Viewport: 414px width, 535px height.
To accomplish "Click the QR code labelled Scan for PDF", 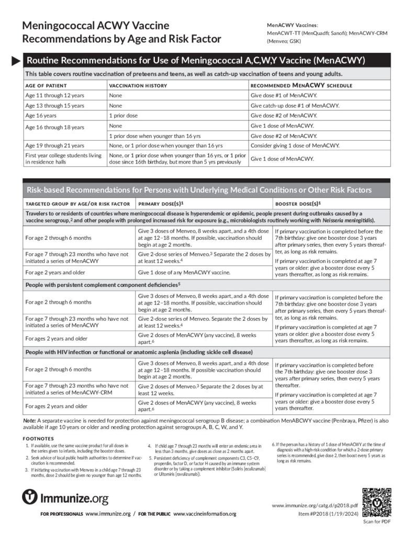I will point(376,502).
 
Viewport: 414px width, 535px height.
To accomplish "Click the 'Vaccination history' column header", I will point(138,85).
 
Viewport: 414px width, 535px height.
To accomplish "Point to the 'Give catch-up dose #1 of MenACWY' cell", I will point(295,106).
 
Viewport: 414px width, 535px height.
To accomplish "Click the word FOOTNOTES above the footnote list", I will point(38,438).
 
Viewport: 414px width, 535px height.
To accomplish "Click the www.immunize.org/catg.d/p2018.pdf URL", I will point(315,506).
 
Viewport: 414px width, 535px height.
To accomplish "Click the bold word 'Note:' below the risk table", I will point(29,420).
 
